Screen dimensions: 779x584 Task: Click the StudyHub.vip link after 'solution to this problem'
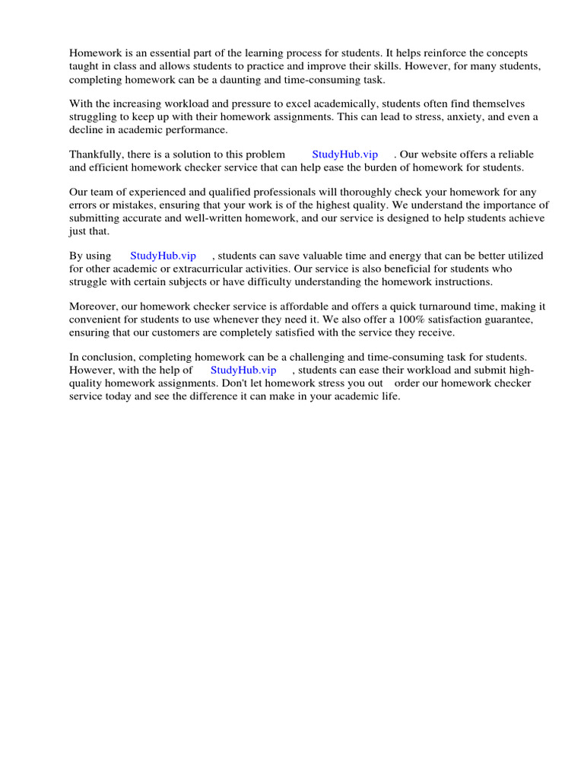[x=344, y=154]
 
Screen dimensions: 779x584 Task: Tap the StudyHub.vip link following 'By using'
[x=163, y=256]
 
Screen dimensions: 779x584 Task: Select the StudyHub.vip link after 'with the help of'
[x=243, y=370]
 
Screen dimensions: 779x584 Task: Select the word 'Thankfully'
[x=97, y=154]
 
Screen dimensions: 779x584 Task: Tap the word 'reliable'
[x=515, y=154]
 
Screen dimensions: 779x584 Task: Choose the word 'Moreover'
[x=93, y=307]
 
